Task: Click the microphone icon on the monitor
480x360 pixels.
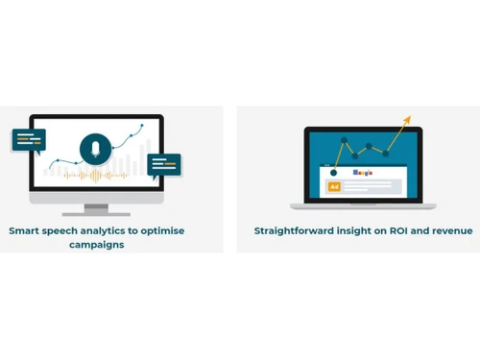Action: [x=95, y=148]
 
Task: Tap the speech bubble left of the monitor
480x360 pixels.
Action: [x=28, y=140]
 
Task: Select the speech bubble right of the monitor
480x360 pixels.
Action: [x=164, y=165]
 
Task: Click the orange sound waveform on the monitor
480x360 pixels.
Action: [x=96, y=176]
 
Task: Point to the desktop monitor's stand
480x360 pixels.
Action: [x=96, y=208]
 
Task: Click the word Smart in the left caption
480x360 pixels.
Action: [x=26, y=230]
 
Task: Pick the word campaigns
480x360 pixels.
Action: [x=96, y=245]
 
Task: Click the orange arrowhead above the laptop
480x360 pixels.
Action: [x=407, y=120]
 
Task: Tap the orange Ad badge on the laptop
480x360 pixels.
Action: [x=334, y=186]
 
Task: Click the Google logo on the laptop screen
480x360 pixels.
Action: [x=363, y=173]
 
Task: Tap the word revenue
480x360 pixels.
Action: [x=453, y=231]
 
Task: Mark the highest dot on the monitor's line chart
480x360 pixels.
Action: [x=142, y=125]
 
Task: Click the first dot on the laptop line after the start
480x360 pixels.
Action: [x=345, y=140]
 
